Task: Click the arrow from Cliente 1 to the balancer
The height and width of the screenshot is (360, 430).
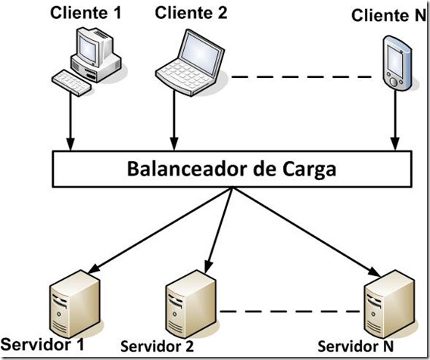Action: click(70, 121)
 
